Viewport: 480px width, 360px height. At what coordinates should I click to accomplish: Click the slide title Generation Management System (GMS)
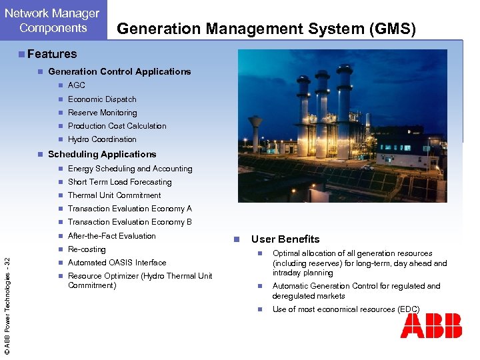click(266, 29)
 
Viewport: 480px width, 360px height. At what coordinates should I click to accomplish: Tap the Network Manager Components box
click(53, 21)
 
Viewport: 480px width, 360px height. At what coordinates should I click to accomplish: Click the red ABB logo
click(431, 327)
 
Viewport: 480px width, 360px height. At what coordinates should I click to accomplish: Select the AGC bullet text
click(77, 85)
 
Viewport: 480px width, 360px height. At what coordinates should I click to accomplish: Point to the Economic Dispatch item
click(102, 99)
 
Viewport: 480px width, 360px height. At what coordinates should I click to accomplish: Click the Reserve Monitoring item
click(102, 113)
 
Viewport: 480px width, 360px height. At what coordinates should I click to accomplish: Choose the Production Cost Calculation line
click(117, 126)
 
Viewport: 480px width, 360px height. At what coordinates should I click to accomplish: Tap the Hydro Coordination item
click(102, 139)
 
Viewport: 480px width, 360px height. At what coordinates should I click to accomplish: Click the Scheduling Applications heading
click(102, 154)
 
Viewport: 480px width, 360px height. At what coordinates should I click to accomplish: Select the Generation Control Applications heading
click(119, 71)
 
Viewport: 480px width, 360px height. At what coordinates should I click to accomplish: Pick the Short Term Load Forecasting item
click(119, 182)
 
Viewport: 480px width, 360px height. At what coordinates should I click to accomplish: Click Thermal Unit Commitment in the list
click(114, 195)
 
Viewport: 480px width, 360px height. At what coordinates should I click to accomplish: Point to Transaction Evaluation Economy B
click(129, 222)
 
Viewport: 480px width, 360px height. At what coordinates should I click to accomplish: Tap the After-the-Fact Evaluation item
click(111, 236)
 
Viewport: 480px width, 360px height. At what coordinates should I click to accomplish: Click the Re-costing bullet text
click(87, 249)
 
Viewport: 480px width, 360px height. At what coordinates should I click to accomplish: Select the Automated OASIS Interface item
click(117, 263)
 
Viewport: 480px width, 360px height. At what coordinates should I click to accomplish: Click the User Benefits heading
click(285, 239)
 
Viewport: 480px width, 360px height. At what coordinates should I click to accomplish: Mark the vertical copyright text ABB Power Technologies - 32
click(7, 297)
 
